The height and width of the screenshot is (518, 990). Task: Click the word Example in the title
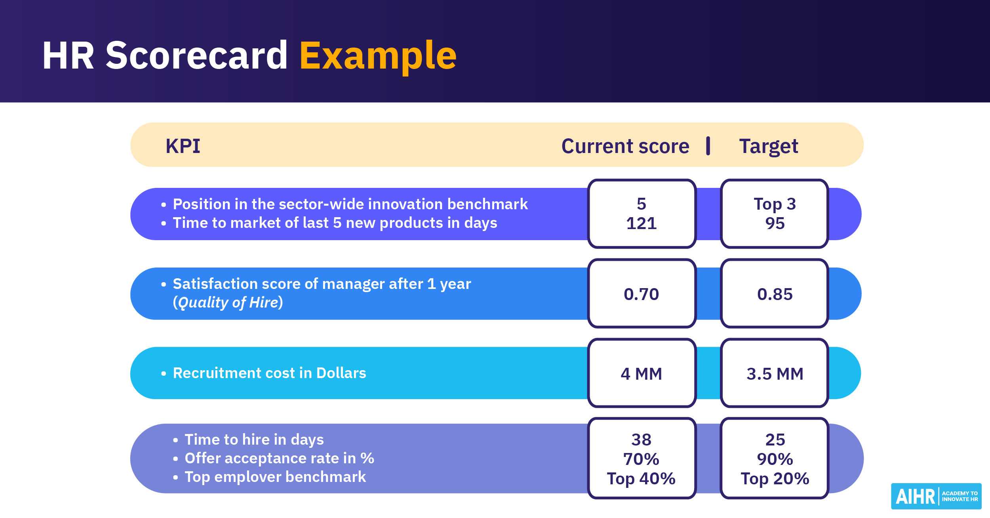tap(378, 56)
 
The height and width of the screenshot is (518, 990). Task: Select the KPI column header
tap(183, 146)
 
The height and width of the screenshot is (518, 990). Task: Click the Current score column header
tap(625, 146)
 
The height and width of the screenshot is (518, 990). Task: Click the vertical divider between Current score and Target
tap(708, 146)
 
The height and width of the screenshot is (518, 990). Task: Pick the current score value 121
tap(642, 223)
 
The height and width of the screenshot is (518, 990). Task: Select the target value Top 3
tap(775, 204)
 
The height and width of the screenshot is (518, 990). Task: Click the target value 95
tap(775, 223)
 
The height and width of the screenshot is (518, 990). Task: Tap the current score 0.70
tap(642, 294)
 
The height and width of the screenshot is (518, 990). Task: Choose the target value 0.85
tap(775, 294)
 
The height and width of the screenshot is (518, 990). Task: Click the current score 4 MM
tap(642, 374)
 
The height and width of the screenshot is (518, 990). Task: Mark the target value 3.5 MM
tap(775, 374)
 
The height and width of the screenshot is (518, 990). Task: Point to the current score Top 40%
tap(642, 478)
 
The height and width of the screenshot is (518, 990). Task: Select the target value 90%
tap(775, 459)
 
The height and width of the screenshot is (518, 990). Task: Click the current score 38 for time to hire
tap(642, 440)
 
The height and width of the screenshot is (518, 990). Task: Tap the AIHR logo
tap(936, 496)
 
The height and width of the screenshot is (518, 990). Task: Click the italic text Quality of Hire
tap(228, 303)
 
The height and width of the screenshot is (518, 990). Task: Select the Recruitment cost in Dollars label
tap(269, 373)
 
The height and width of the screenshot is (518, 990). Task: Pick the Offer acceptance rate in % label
tap(279, 458)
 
